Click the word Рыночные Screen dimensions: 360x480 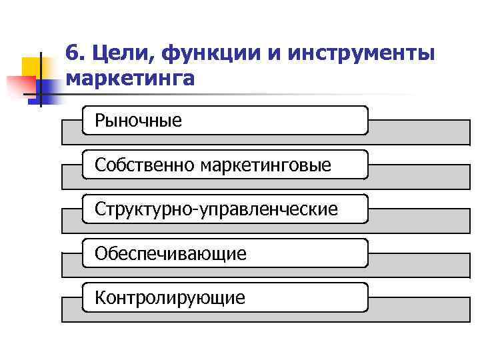click(x=138, y=121)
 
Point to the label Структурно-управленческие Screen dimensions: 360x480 click(x=216, y=209)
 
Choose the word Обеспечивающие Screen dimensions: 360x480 click(x=170, y=253)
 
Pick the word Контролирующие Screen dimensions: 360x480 click(x=169, y=297)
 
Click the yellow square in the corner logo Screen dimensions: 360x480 click(x=31, y=67)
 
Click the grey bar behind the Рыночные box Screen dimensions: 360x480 click(x=413, y=132)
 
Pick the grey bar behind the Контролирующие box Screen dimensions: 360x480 click(x=413, y=309)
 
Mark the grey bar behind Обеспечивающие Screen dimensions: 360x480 click(x=413, y=265)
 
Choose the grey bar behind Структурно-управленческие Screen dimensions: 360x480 click(x=413, y=221)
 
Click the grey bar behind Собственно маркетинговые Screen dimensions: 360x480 click(x=413, y=176)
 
